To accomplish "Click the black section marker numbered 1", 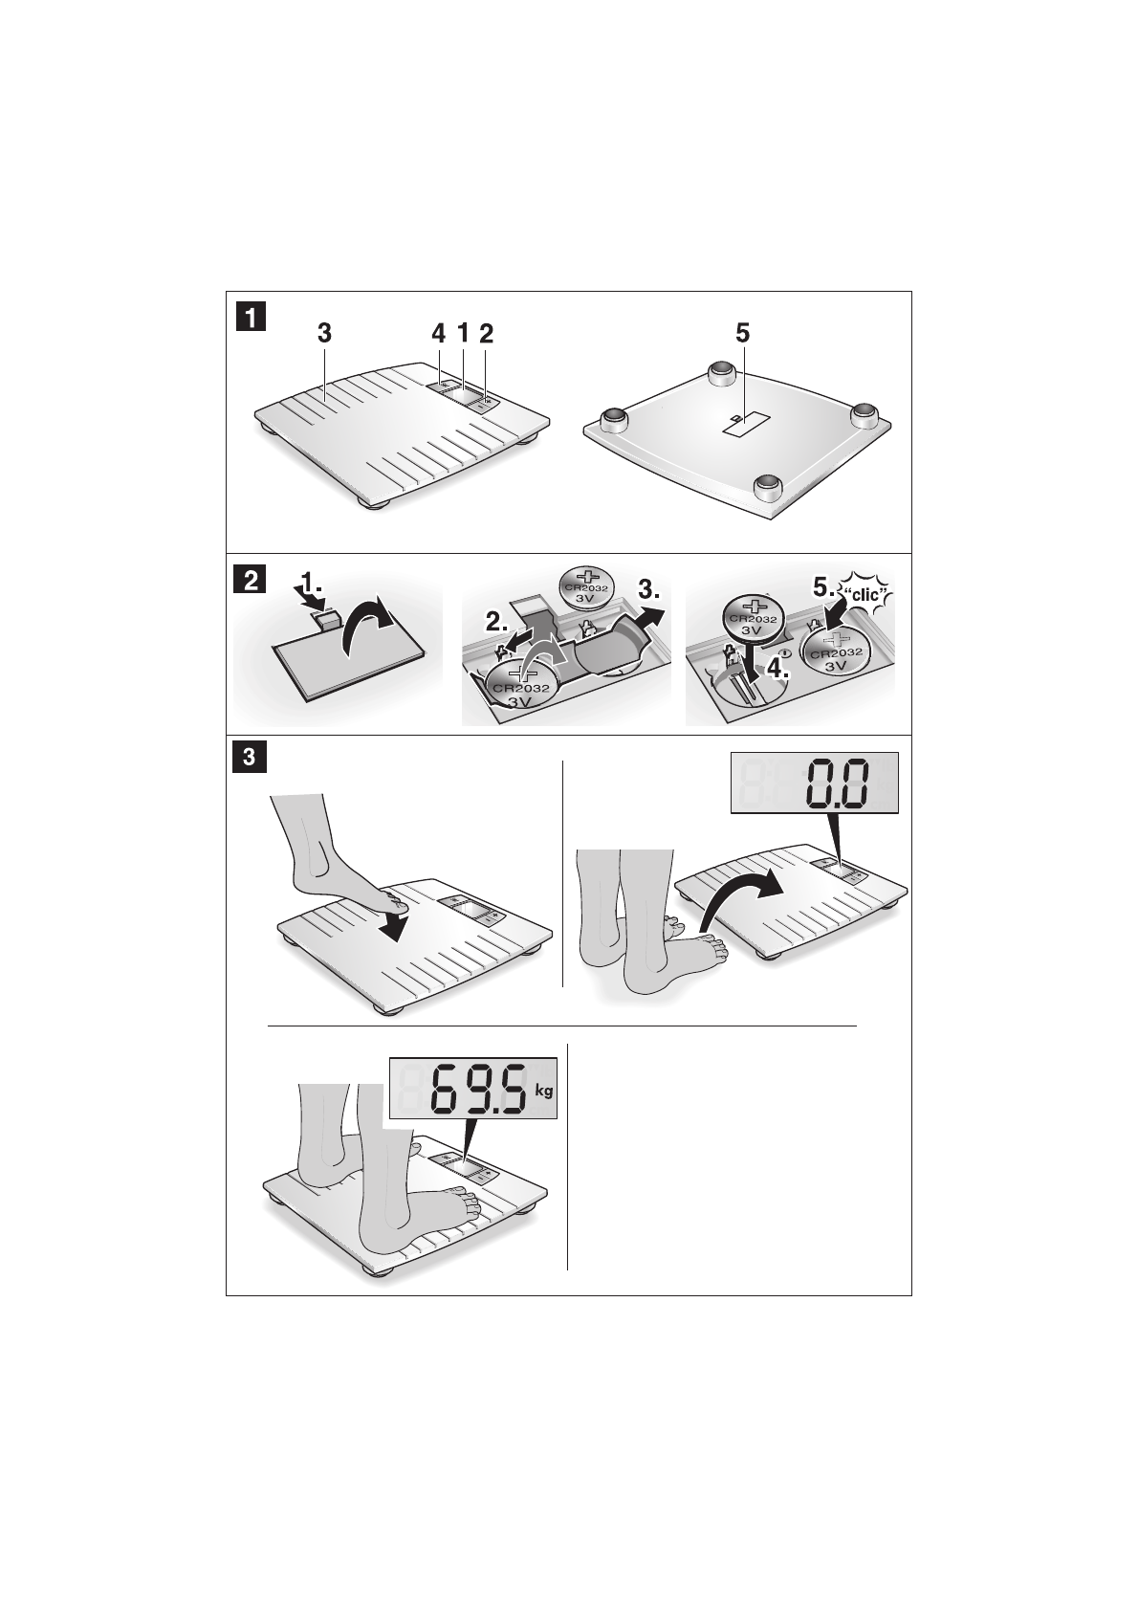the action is pyautogui.click(x=252, y=318).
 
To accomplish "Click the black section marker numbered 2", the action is pyautogui.click(x=252, y=580).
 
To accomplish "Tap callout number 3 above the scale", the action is pyautogui.click(x=325, y=334).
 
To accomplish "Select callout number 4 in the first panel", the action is pyautogui.click(x=439, y=334).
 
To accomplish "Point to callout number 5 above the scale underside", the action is pyautogui.click(x=743, y=334).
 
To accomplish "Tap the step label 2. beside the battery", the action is pyautogui.click(x=496, y=623).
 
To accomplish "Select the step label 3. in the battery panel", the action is pyautogui.click(x=649, y=590).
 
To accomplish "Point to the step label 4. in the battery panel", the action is pyautogui.click(x=777, y=669).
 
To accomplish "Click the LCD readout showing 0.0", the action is pyautogui.click(x=815, y=783).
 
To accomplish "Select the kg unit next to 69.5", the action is pyautogui.click(x=544, y=1091).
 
